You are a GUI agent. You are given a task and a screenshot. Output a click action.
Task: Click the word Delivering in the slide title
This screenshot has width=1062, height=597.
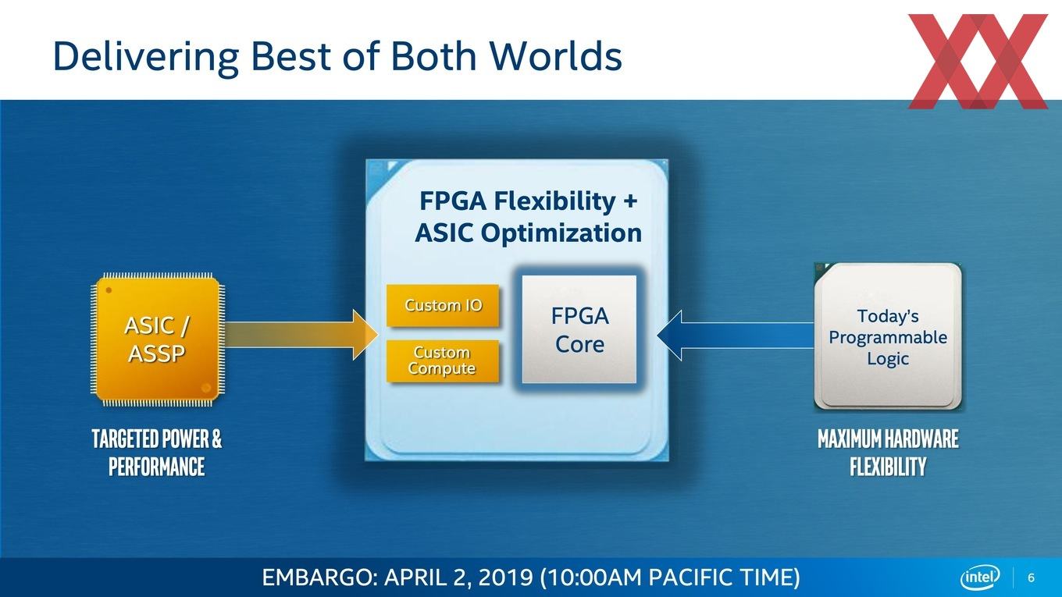(146, 57)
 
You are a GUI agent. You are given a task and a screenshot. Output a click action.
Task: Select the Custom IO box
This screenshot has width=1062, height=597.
(443, 306)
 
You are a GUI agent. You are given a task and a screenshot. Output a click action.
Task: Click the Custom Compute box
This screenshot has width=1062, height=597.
(443, 361)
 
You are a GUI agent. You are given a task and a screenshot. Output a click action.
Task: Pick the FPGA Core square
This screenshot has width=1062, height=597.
(579, 329)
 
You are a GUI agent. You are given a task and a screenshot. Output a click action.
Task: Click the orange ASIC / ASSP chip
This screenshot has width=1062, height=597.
(158, 339)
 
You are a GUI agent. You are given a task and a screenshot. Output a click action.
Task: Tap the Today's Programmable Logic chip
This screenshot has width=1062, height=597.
(888, 337)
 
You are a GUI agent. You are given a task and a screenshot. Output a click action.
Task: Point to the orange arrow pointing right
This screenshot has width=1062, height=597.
(301, 335)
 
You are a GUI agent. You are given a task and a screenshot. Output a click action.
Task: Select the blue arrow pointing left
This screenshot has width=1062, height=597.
(736, 335)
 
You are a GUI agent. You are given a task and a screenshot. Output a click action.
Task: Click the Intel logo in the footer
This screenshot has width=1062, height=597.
(980, 577)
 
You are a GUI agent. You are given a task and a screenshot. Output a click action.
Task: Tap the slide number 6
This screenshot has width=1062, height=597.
(1031, 578)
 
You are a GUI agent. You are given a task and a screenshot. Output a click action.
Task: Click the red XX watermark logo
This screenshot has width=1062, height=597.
(978, 61)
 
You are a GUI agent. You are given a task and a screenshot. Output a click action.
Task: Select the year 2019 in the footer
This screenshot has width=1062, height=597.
(505, 577)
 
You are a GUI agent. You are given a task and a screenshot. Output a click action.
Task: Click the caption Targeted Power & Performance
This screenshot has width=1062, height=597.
(157, 453)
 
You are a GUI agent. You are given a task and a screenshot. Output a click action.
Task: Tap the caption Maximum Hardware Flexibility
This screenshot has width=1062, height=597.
(888, 453)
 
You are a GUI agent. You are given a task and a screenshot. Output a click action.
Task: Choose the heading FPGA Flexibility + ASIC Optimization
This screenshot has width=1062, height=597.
(528, 216)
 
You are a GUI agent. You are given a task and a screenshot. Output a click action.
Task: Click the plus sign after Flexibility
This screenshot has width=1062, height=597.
(629, 201)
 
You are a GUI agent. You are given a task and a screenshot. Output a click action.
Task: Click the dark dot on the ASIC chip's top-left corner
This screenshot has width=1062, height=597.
(109, 290)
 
